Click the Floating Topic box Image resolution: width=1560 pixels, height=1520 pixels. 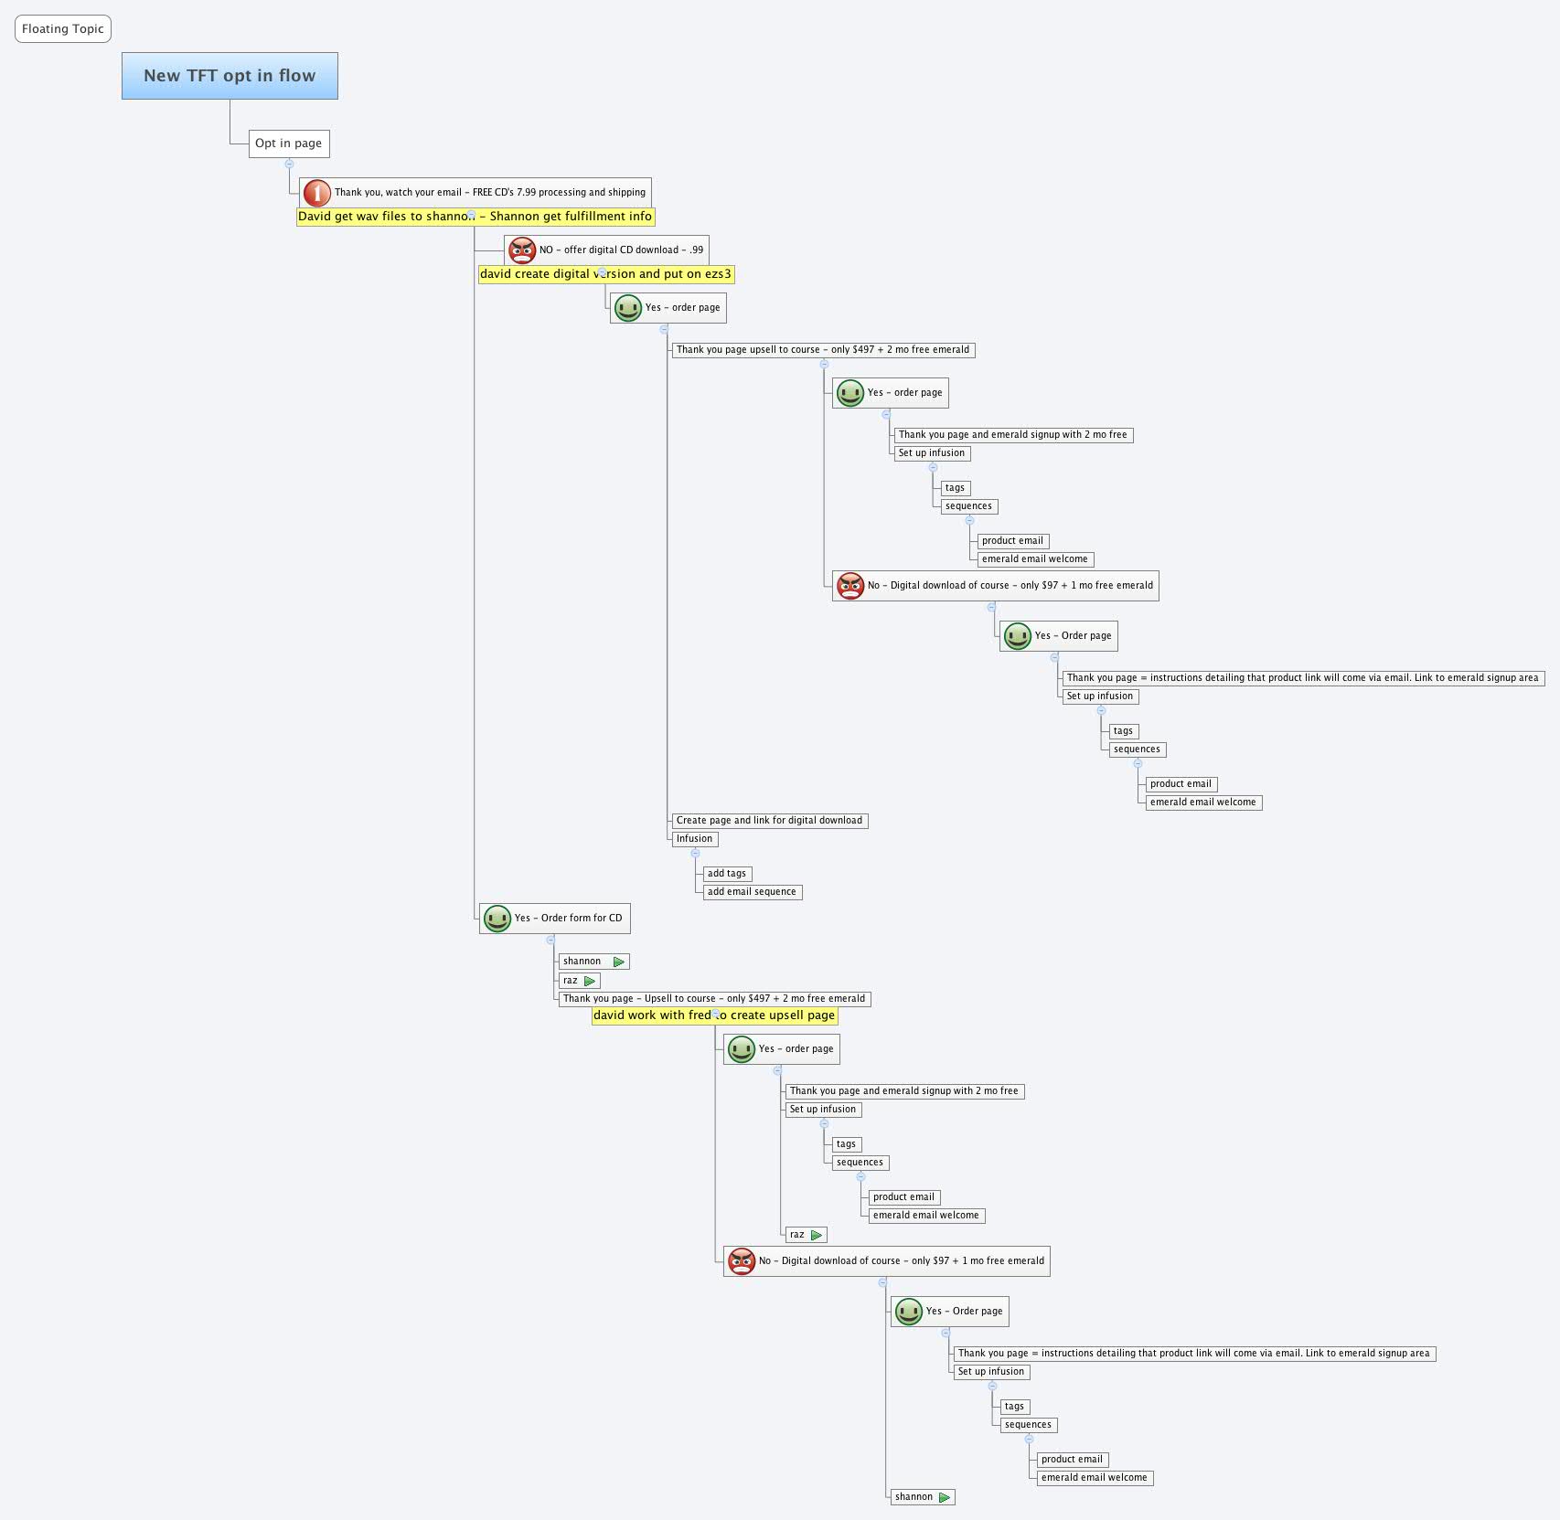click(x=62, y=29)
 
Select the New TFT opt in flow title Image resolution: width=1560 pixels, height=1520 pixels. click(x=230, y=76)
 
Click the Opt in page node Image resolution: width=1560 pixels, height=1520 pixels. click(x=288, y=143)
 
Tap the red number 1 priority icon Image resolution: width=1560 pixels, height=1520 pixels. click(x=316, y=193)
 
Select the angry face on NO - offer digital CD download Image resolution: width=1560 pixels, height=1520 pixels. click(x=522, y=250)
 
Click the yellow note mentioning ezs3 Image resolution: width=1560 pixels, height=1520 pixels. click(x=605, y=274)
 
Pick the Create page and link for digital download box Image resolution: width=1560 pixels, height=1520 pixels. click(x=769, y=821)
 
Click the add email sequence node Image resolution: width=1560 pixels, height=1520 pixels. click(x=752, y=892)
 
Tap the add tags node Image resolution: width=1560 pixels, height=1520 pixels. click(x=727, y=874)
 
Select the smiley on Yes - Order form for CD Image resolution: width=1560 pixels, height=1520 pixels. click(x=497, y=919)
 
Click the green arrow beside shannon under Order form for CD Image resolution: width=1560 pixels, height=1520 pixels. click(x=619, y=962)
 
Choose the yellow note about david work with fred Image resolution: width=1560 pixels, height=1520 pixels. click(x=714, y=1015)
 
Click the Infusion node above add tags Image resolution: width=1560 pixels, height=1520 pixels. click(x=694, y=839)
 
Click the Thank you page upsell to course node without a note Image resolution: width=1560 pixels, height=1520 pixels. click(x=823, y=350)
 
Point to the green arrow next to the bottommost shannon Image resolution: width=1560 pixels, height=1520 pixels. click(x=945, y=1497)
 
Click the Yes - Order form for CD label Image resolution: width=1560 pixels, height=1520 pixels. click(x=568, y=919)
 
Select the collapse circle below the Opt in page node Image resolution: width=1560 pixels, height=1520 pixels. click(x=289, y=164)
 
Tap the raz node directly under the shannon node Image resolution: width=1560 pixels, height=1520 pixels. click(x=571, y=981)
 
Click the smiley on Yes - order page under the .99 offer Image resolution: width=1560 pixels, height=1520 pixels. click(x=628, y=308)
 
